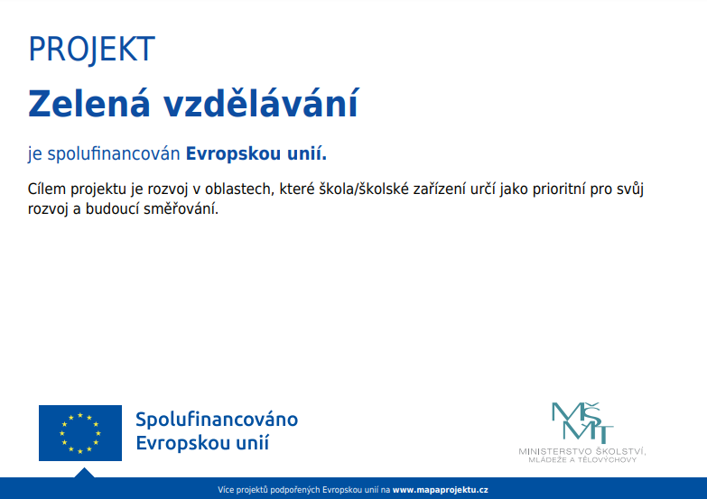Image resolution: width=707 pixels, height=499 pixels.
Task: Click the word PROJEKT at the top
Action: pos(92,50)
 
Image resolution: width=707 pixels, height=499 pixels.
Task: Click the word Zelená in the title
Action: pos(88,104)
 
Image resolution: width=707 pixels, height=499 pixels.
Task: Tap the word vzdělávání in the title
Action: pos(261,104)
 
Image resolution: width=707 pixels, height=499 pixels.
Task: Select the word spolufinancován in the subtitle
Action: pos(114,153)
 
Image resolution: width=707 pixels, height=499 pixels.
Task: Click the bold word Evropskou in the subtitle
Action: pos(234,154)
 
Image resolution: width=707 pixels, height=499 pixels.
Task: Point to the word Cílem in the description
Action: pos(47,189)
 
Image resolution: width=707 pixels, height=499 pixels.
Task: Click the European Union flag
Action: pos(80,433)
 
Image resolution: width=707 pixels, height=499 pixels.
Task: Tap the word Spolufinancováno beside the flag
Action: pos(217,420)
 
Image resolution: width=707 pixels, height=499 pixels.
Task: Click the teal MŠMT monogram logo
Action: pos(582,423)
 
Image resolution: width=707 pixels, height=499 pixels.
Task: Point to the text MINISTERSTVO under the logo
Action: pos(555,451)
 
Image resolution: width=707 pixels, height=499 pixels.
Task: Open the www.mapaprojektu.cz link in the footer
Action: pos(440,490)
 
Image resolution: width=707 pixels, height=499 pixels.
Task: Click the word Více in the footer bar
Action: pos(226,490)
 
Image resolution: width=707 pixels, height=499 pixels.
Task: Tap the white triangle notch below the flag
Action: pos(84,474)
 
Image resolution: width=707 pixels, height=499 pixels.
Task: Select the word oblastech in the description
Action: pos(239,189)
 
